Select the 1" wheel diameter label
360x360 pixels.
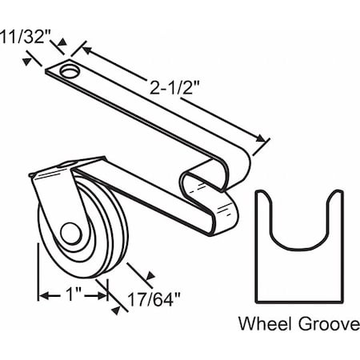point(72,294)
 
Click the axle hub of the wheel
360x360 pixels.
point(73,237)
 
